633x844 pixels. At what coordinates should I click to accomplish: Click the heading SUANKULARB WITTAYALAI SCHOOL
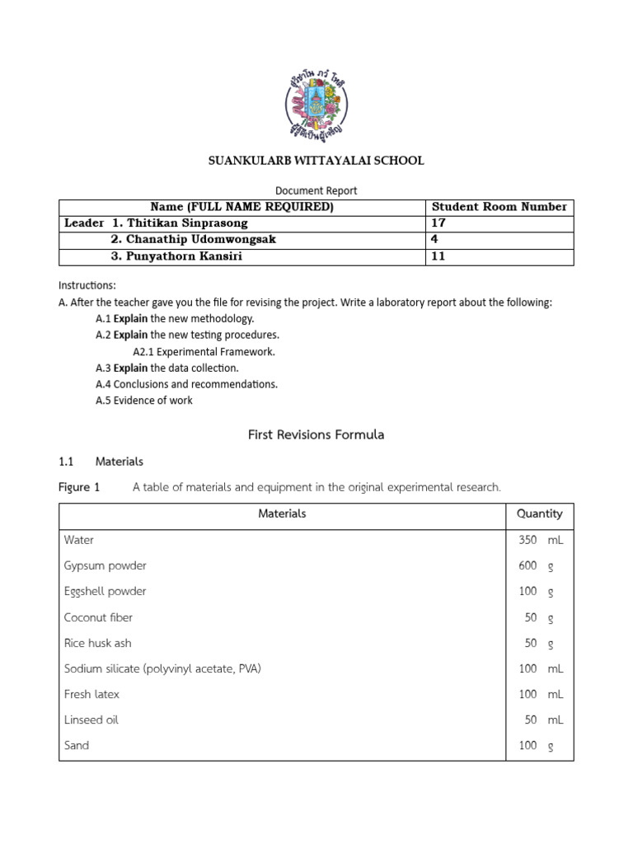[x=316, y=161]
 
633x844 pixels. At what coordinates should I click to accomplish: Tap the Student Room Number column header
[x=499, y=207]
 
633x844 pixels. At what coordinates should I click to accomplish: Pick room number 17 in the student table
[x=438, y=223]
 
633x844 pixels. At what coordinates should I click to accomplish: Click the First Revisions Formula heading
[x=316, y=434]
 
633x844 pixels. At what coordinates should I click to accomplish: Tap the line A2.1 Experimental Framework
[x=204, y=351]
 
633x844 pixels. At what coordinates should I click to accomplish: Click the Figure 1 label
[x=79, y=487]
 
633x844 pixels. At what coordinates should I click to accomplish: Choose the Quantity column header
[x=539, y=513]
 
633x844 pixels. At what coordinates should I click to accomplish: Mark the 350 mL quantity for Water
[x=540, y=540]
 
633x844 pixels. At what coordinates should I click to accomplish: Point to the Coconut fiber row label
[x=98, y=617]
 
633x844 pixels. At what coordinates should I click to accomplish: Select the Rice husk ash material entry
[x=97, y=643]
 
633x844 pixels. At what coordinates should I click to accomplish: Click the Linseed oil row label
[x=91, y=720]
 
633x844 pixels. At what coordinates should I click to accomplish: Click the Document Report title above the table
[x=316, y=190]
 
